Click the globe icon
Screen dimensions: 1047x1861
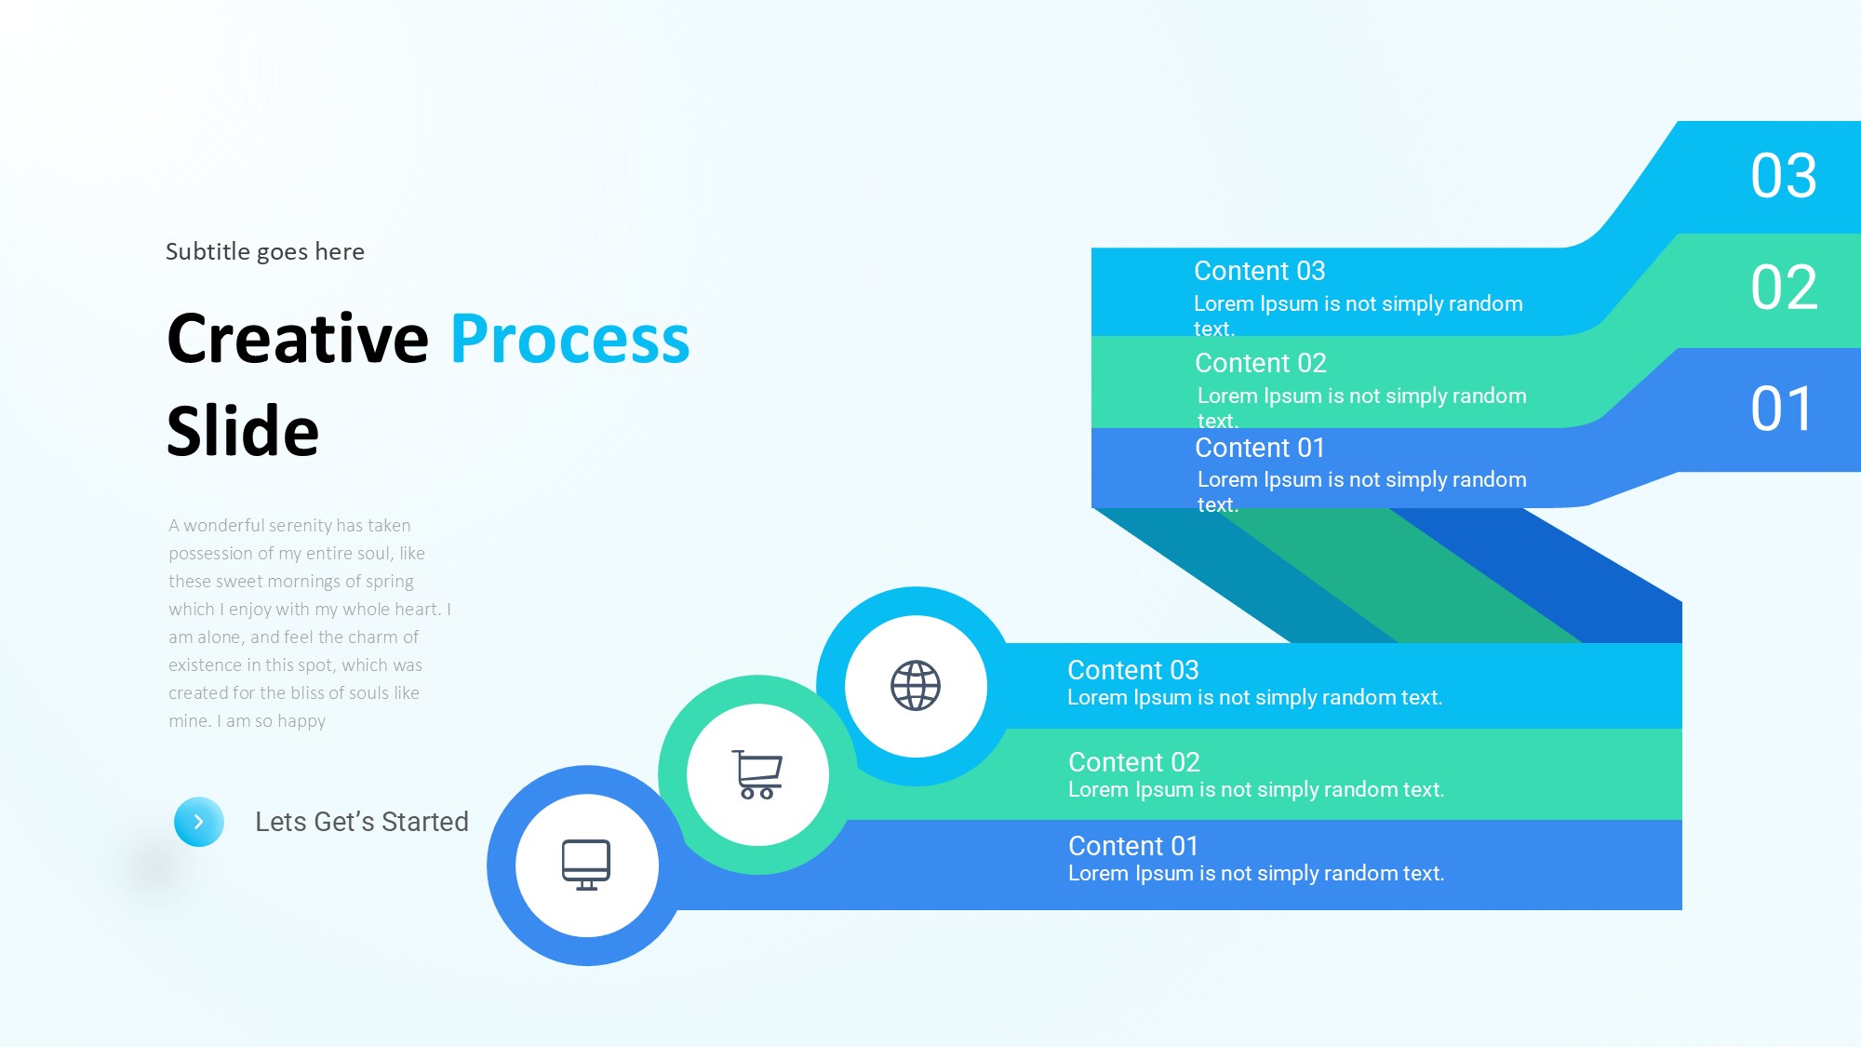[916, 686]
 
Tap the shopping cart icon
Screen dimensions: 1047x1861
[757, 774]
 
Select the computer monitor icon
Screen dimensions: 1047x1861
[586, 865]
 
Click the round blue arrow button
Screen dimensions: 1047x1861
[199, 822]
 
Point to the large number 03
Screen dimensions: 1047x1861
[1783, 176]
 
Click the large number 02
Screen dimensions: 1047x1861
[1783, 288]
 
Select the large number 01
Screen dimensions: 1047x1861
[1781, 409]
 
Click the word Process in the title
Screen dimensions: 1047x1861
[569, 339]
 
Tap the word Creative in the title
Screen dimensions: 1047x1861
[298, 339]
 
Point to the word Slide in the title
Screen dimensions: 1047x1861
[243, 432]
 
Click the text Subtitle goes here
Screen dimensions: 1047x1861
[265, 251]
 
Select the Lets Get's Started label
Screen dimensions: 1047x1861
[362, 822]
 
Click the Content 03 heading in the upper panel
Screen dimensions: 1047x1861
[1259, 271]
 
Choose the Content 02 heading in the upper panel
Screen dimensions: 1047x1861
[1260, 363]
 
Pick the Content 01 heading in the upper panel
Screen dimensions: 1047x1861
[1259, 448]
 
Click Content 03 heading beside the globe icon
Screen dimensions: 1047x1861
[1132, 670]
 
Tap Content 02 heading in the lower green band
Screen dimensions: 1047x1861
[1133, 762]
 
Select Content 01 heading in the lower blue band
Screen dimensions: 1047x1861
[1132, 846]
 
